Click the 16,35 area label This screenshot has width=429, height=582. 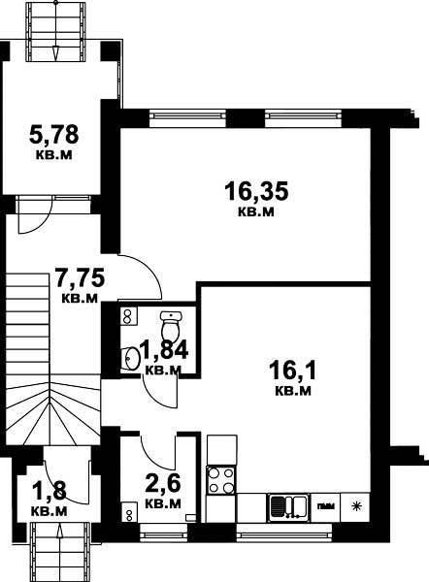pyautogui.click(x=256, y=191)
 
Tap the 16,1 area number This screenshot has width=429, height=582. pyautogui.click(x=293, y=371)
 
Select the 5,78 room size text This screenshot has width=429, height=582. pyautogui.click(x=53, y=134)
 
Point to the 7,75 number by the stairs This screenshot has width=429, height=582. pyautogui.click(x=80, y=278)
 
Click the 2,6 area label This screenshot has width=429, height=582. pyautogui.click(x=163, y=484)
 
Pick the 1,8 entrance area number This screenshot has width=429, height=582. pyautogui.click(x=49, y=491)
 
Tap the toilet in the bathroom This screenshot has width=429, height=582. pyautogui.click(x=171, y=324)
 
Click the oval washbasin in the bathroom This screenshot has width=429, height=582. pyautogui.click(x=131, y=358)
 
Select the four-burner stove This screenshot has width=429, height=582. pyautogui.click(x=221, y=480)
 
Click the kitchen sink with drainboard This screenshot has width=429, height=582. pyautogui.click(x=288, y=507)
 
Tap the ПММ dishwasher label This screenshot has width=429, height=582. pyautogui.click(x=326, y=506)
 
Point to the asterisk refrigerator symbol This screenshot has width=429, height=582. pyautogui.click(x=356, y=506)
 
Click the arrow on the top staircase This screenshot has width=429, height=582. pyautogui.click(x=55, y=53)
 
